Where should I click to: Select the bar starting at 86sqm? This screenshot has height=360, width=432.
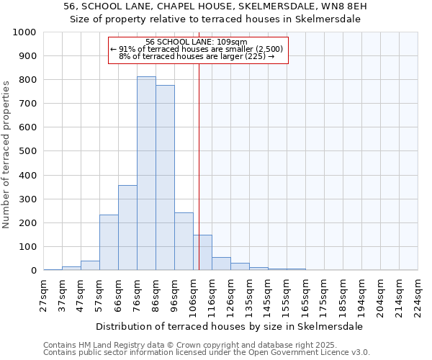point(165,178)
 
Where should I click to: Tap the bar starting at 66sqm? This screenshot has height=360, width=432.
point(127,228)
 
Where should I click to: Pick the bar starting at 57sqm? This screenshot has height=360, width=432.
point(109,243)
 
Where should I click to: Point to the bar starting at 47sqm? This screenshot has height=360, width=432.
point(90,266)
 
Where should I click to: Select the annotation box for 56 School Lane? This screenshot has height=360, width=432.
point(198,50)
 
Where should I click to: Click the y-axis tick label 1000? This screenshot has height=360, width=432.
point(24,32)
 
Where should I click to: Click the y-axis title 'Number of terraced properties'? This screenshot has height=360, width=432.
point(7,154)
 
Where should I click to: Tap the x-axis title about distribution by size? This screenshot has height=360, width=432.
point(229,326)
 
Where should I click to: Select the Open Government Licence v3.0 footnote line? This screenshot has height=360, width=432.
point(207,352)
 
